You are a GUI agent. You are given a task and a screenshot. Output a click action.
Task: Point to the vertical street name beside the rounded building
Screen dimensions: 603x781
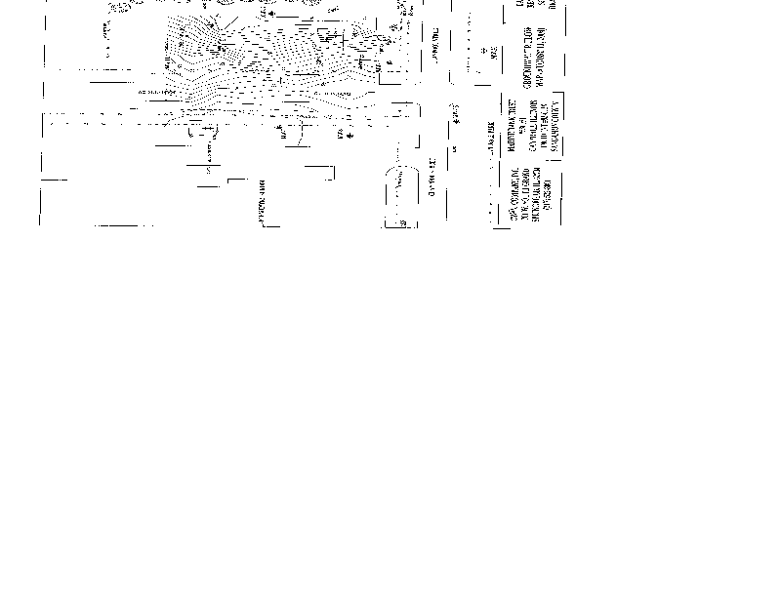[432, 176]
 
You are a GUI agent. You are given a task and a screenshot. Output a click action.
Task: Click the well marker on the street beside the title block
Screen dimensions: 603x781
[456, 116]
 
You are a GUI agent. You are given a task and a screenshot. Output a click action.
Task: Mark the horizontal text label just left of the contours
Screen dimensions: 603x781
[156, 93]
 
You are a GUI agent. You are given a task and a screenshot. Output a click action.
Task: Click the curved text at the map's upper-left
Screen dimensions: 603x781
[122, 7]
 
